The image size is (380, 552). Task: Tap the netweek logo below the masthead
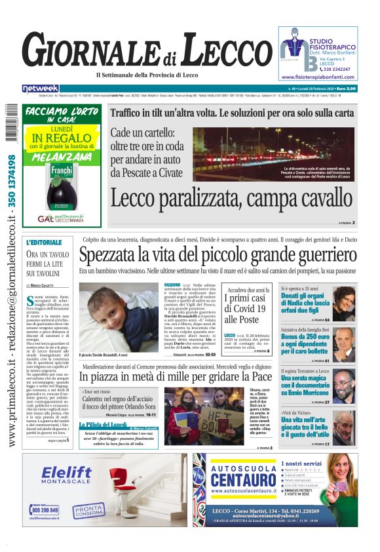tap(41, 89)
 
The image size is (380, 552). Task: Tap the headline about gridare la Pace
tap(176, 377)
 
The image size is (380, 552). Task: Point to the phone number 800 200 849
tap(45, 509)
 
